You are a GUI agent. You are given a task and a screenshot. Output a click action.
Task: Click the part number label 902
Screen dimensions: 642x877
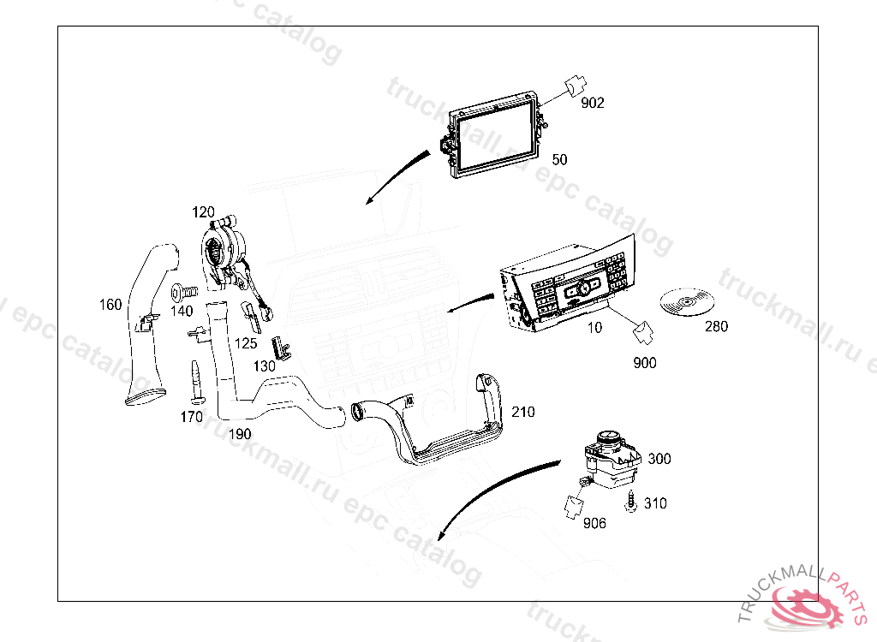click(593, 103)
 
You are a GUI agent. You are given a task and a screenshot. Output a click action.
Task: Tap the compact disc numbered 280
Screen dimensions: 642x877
click(688, 302)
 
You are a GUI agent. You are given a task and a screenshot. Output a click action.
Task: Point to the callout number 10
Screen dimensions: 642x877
click(594, 327)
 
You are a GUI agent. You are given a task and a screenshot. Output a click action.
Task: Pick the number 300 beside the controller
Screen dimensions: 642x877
click(659, 459)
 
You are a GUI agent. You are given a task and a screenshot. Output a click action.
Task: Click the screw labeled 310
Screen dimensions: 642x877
click(631, 505)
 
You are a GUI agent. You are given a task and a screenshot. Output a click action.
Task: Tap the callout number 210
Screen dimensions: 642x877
click(522, 412)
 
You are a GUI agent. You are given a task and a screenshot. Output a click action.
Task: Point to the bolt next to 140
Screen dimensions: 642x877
click(183, 291)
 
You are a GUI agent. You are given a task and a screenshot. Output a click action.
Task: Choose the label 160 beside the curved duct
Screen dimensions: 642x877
click(110, 305)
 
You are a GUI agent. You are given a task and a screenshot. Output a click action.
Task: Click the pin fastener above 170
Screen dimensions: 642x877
click(194, 382)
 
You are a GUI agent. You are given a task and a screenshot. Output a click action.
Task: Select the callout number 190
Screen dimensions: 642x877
click(240, 434)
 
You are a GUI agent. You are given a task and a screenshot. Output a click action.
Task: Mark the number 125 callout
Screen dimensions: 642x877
click(246, 342)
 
